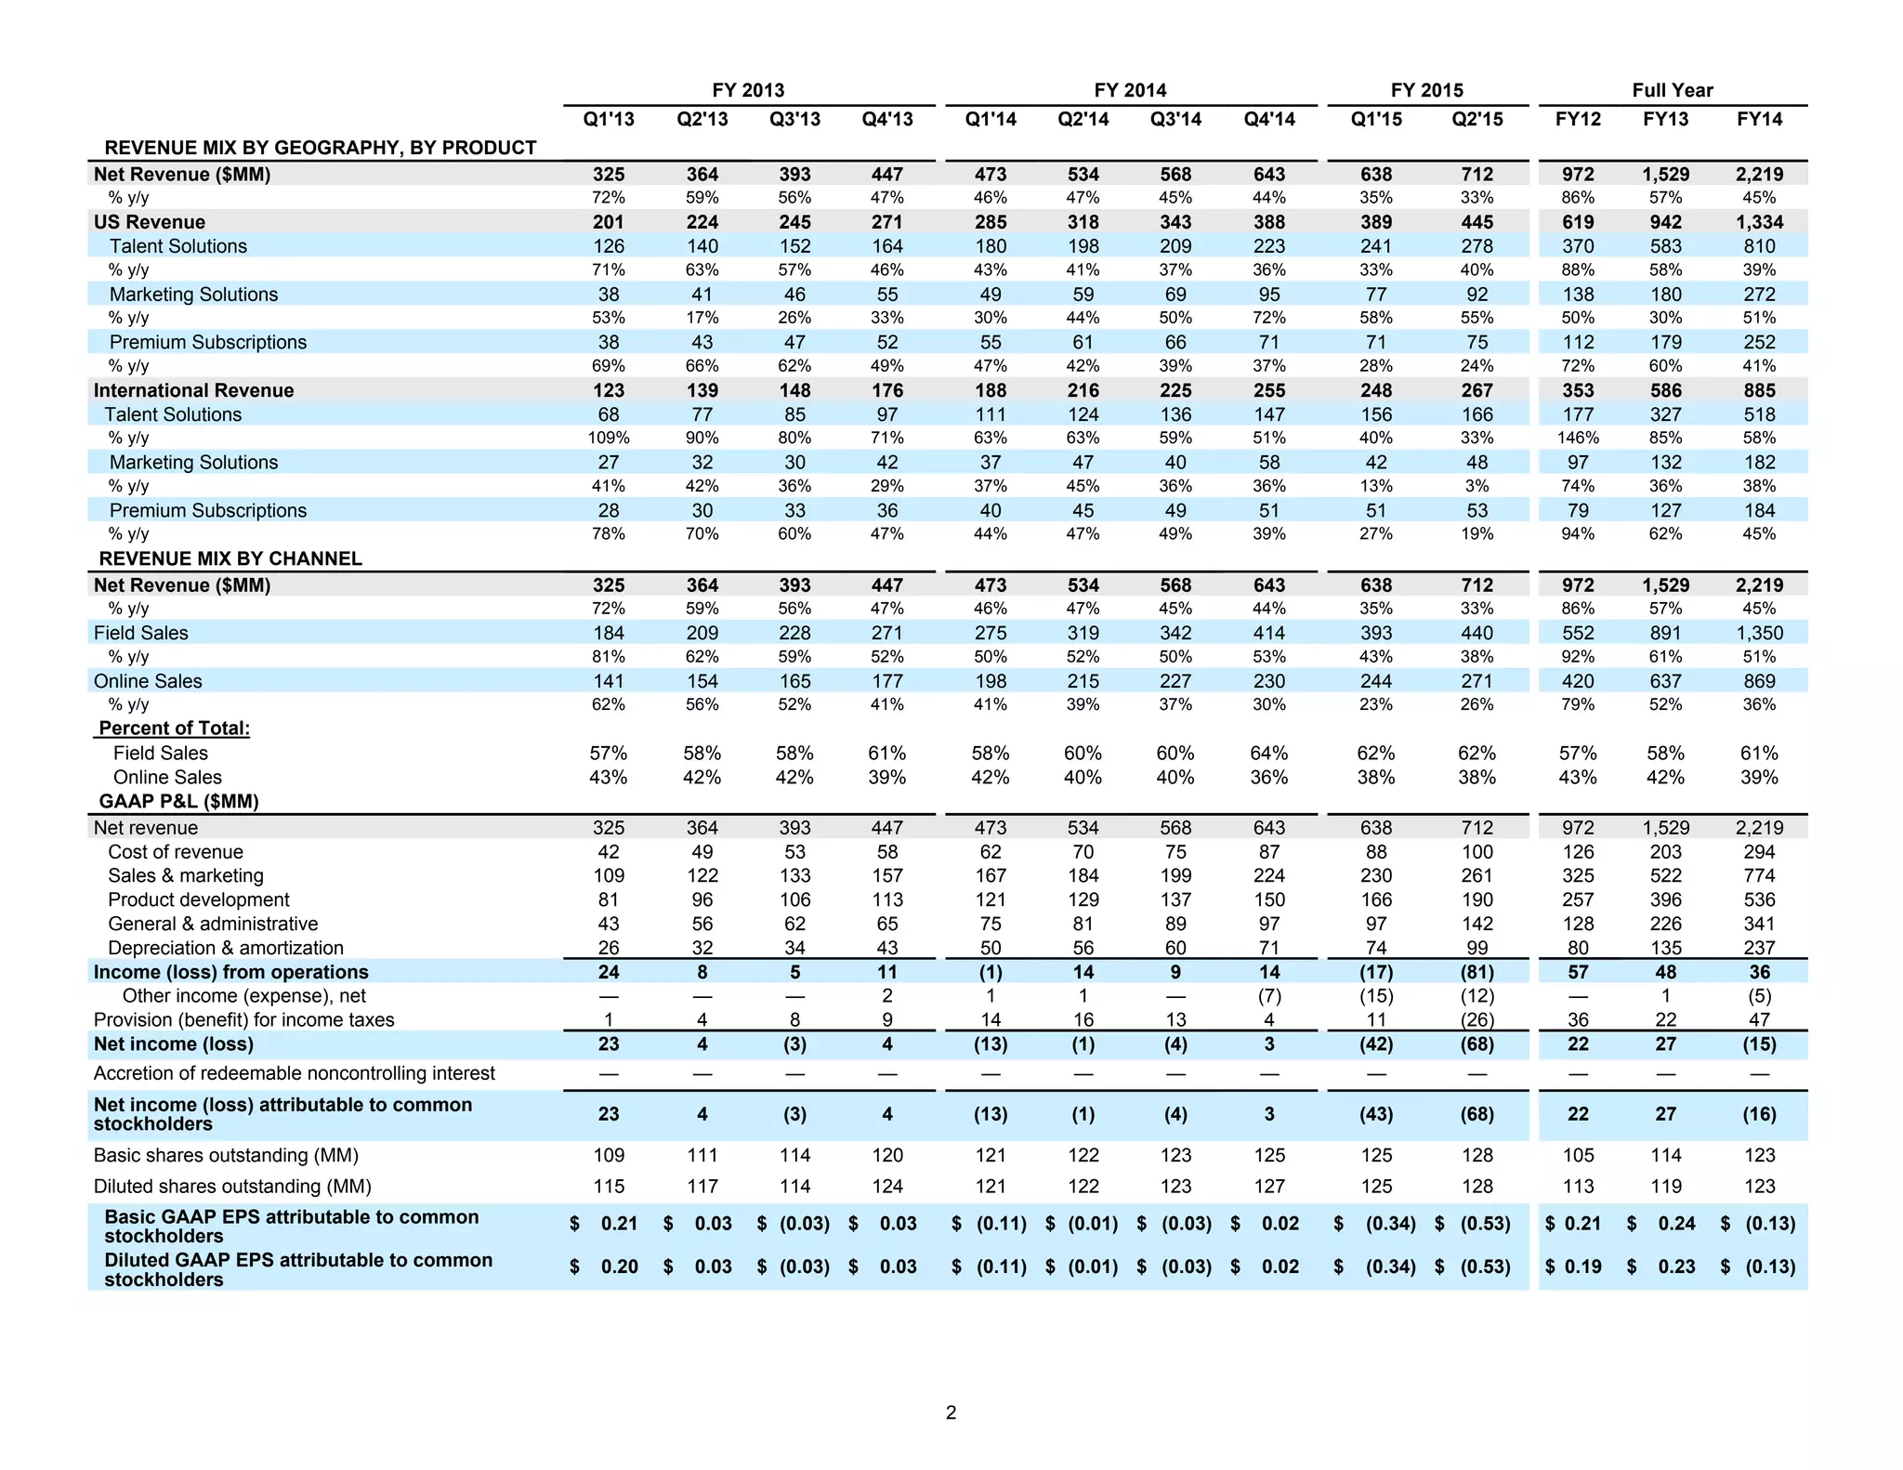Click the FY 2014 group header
point(1130,90)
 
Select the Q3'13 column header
point(794,120)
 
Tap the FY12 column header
point(1578,120)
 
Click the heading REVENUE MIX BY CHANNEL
point(230,558)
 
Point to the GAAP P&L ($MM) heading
point(178,801)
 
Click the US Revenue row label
point(150,222)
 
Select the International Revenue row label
point(193,390)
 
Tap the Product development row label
point(199,899)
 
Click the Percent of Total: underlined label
point(174,728)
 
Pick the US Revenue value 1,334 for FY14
point(1759,222)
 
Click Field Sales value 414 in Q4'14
point(1268,633)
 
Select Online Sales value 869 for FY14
point(1759,681)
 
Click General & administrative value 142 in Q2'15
point(1476,924)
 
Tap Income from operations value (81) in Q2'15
point(1476,972)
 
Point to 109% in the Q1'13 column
point(609,438)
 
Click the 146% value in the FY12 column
point(1578,438)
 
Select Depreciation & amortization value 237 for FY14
point(1759,948)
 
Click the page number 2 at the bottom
point(951,1412)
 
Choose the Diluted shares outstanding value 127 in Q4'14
point(1268,1187)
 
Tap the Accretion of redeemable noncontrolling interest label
point(295,1073)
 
